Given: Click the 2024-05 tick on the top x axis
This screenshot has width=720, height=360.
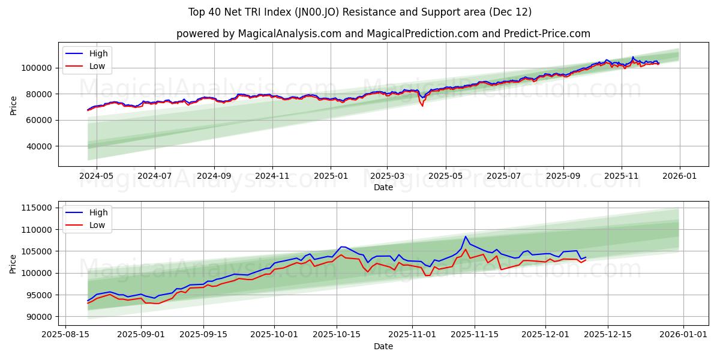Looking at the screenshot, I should click(97, 176).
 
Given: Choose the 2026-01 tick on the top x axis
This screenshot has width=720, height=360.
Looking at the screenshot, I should click(679, 176).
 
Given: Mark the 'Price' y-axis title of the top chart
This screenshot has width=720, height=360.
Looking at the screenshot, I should click(14, 104).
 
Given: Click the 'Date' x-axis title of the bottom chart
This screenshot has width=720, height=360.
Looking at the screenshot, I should click(383, 346).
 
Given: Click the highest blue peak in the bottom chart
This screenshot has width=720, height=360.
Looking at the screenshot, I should click(466, 236).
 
